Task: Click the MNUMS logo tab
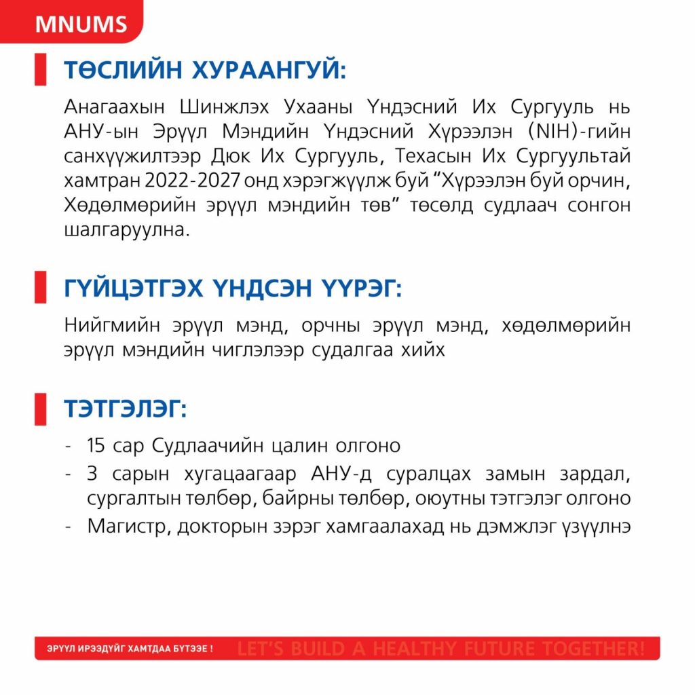tap(81, 24)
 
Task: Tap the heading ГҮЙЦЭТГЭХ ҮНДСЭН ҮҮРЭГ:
tap(233, 288)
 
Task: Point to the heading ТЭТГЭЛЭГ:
tap(126, 409)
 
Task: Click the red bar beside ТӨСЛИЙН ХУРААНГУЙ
tap(40, 71)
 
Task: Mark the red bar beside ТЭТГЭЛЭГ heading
tap(40, 409)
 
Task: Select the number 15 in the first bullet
tap(97, 446)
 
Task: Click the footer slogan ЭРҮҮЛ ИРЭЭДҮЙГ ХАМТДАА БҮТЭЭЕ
tap(130, 649)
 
